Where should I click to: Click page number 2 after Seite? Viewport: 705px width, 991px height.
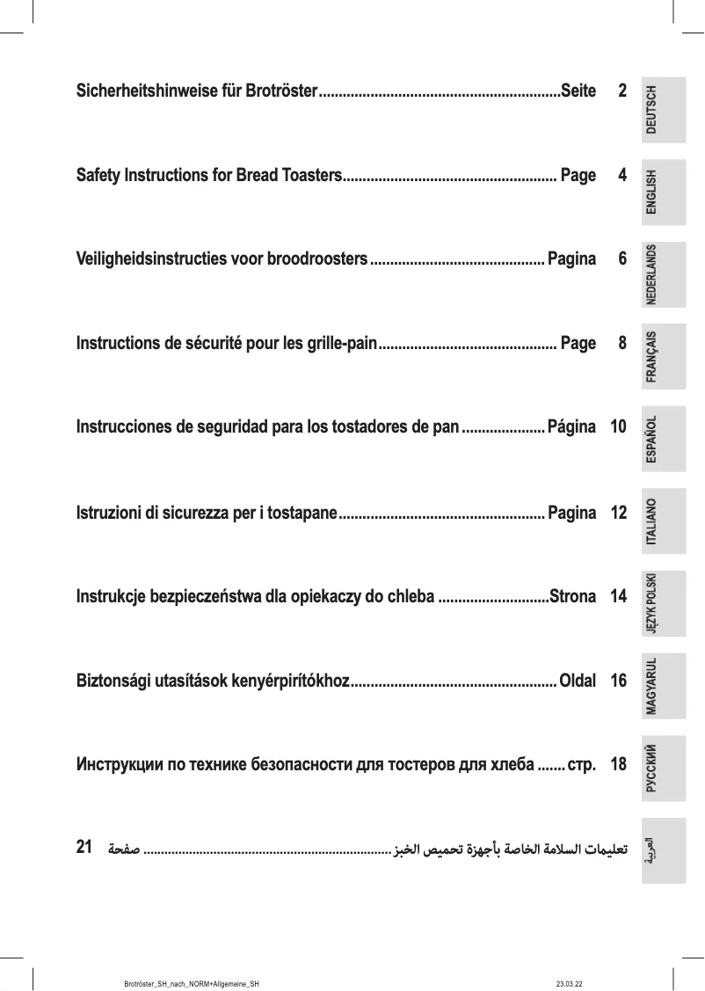[x=621, y=91]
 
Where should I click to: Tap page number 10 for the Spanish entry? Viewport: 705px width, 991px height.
[x=618, y=428]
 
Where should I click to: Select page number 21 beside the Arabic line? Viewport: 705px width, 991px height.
[x=85, y=848]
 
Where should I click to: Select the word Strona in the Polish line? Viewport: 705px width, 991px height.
[x=572, y=597]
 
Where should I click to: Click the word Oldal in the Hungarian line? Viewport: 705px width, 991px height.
[x=578, y=681]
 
